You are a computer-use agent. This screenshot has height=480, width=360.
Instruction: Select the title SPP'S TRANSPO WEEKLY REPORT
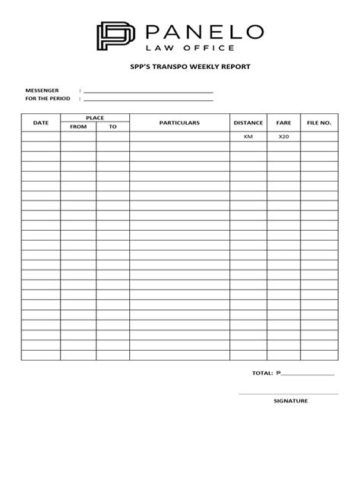[179, 67]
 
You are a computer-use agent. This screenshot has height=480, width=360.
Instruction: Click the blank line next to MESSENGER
[148, 92]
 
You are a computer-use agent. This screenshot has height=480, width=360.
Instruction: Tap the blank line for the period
[148, 99]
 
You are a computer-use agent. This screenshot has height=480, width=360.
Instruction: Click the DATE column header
[40, 122]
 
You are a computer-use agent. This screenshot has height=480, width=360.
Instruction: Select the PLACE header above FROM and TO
[95, 118]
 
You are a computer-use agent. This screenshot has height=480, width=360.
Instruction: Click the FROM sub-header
[78, 127]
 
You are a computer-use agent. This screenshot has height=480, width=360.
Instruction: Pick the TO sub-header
[112, 127]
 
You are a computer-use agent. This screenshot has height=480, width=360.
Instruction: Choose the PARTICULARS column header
[179, 122]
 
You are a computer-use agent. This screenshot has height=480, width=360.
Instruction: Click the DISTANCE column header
[248, 122]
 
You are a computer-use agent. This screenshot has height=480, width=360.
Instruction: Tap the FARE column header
[284, 122]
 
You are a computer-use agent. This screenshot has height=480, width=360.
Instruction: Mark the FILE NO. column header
[319, 122]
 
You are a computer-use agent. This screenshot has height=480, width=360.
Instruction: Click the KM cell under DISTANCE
[248, 137]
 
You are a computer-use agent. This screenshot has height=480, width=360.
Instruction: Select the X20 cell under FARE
[284, 137]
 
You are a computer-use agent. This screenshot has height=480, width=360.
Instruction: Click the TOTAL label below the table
[262, 374]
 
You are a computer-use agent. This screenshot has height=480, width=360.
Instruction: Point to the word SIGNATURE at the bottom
[290, 399]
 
